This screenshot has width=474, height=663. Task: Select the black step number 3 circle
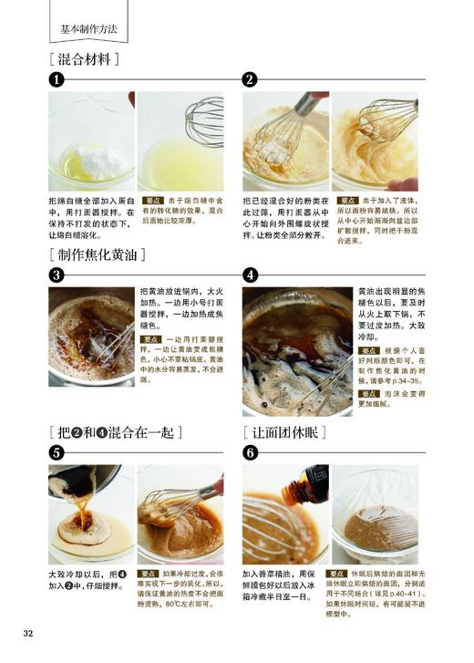pyautogui.click(x=57, y=274)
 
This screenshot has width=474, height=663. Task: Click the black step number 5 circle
pyautogui.click(x=57, y=452)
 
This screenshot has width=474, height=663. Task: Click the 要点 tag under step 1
pyautogui.click(x=153, y=200)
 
